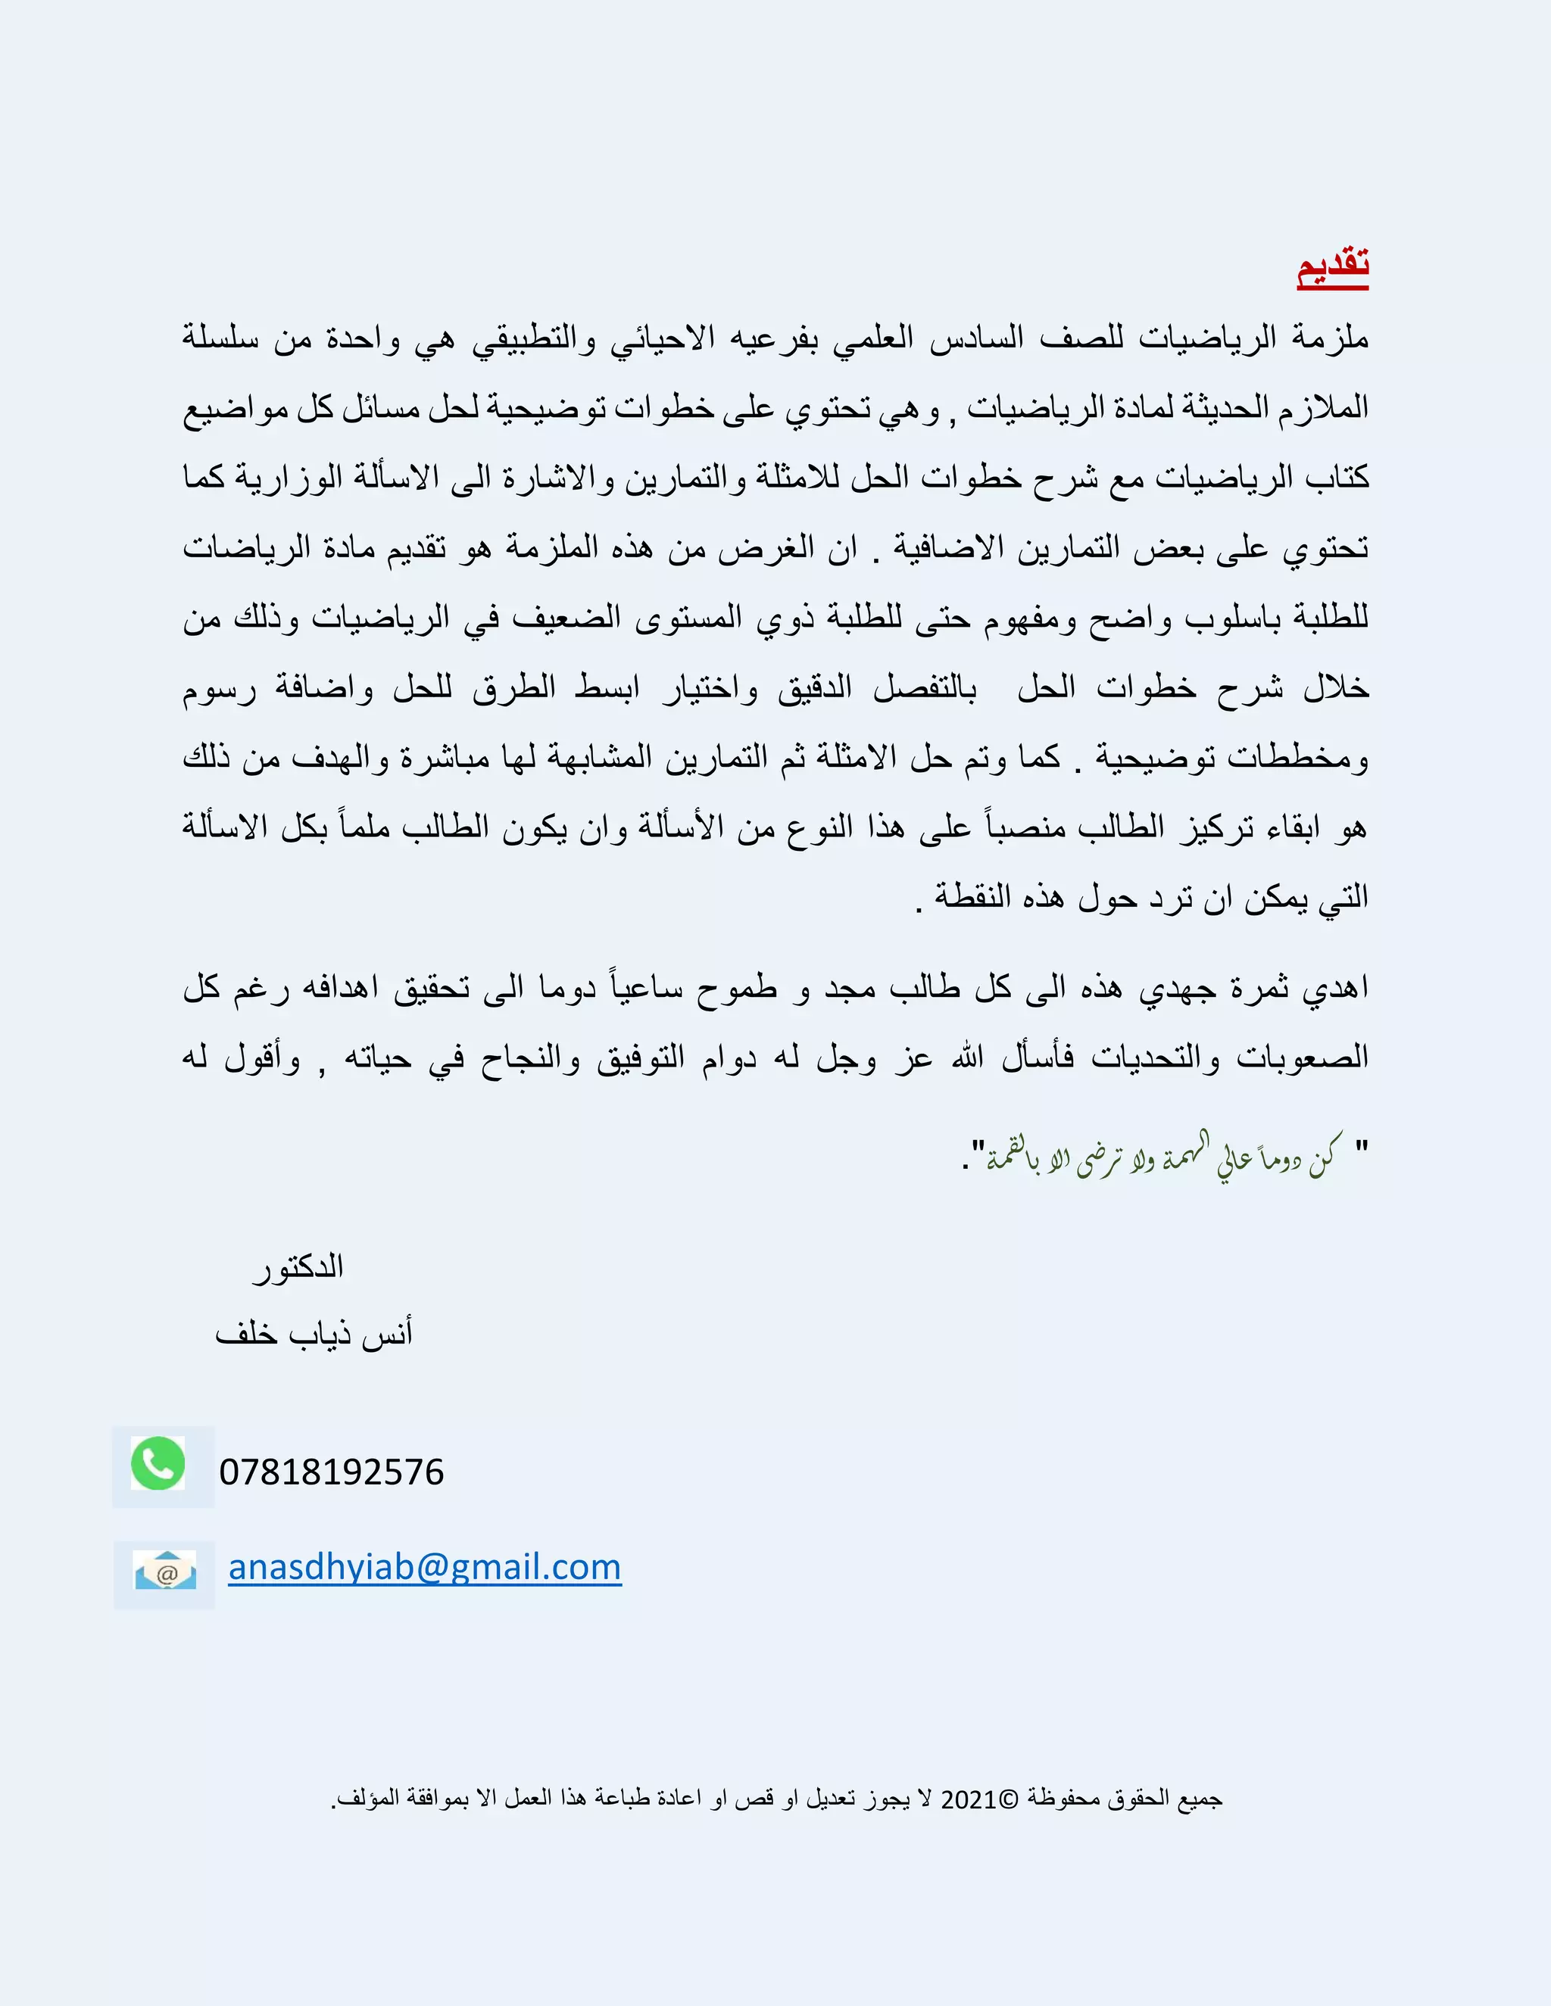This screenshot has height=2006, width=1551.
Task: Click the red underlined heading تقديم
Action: [x=1332, y=267]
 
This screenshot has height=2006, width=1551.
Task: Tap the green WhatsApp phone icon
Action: [x=158, y=1463]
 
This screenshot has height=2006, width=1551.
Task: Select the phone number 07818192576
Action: [x=332, y=1472]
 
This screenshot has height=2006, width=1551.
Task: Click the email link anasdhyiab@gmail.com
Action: [x=425, y=1567]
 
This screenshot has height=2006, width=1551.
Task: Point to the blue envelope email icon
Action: [x=165, y=1570]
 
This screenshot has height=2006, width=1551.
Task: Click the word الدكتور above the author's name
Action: [x=298, y=1267]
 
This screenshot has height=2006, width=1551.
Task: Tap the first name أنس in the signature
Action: [x=387, y=1333]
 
